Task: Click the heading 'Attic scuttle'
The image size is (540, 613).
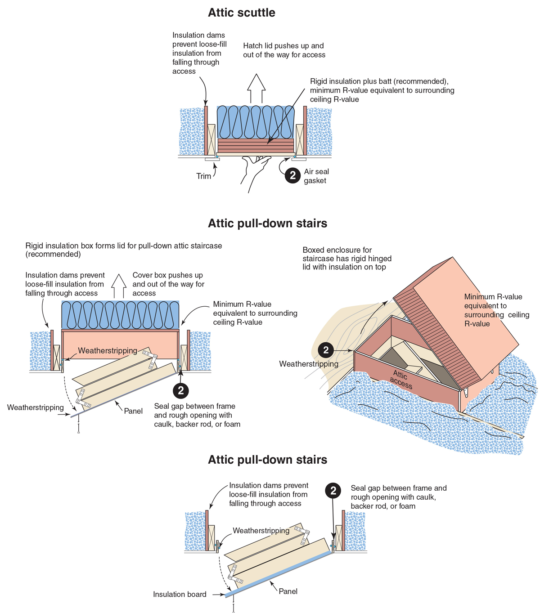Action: pyautogui.click(x=241, y=13)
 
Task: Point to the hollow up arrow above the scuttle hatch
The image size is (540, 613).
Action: pyautogui.click(x=256, y=88)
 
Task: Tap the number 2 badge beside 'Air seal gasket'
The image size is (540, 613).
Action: pyautogui.click(x=292, y=175)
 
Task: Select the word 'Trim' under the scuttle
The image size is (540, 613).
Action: pyautogui.click(x=203, y=176)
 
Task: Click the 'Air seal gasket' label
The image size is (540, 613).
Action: pyautogui.click(x=316, y=176)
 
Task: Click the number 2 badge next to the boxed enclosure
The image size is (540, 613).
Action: pyautogui.click(x=326, y=350)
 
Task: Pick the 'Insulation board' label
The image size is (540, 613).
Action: pyautogui.click(x=180, y=594)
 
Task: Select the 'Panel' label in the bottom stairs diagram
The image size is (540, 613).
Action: pyautogui.click(x=288, y=591)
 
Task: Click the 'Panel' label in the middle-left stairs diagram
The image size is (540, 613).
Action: pyautogui.click(x=133, y=411)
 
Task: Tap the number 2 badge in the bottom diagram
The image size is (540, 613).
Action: pyautogui.click(x=333, y=490)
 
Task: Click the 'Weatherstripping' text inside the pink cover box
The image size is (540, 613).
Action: pyautogui.click(x=108, y=350)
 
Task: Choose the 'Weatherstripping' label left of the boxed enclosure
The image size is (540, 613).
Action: pyautogui.click(x=309, y=364)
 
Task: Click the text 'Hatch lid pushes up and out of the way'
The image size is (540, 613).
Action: pyautogui.click(x=284, y=50)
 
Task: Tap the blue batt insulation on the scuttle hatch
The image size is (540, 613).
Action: pyautogui.click(x=256, y=121)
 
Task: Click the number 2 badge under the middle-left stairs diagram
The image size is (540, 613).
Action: pyautogui.click(x=181, y=390)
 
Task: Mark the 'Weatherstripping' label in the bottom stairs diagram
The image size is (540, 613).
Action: pyautogui.click(x=261, y=531)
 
